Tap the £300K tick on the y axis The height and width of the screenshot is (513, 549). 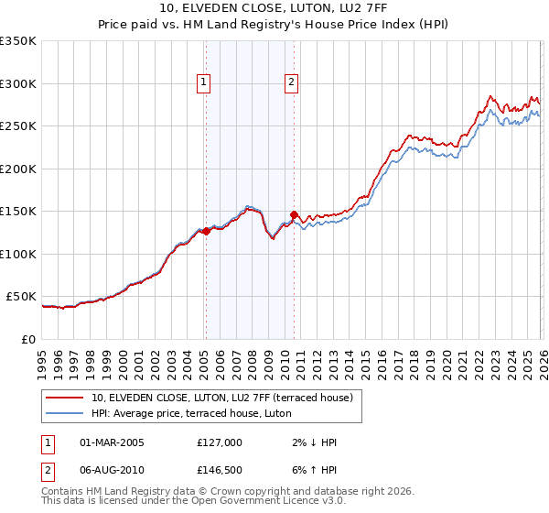tap(18, 83)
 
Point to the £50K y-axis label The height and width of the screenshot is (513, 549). tap(21, 297)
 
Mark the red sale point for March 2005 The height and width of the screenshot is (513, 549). tap(206, 232)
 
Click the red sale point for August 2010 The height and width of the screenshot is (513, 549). tap(294, 214)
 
